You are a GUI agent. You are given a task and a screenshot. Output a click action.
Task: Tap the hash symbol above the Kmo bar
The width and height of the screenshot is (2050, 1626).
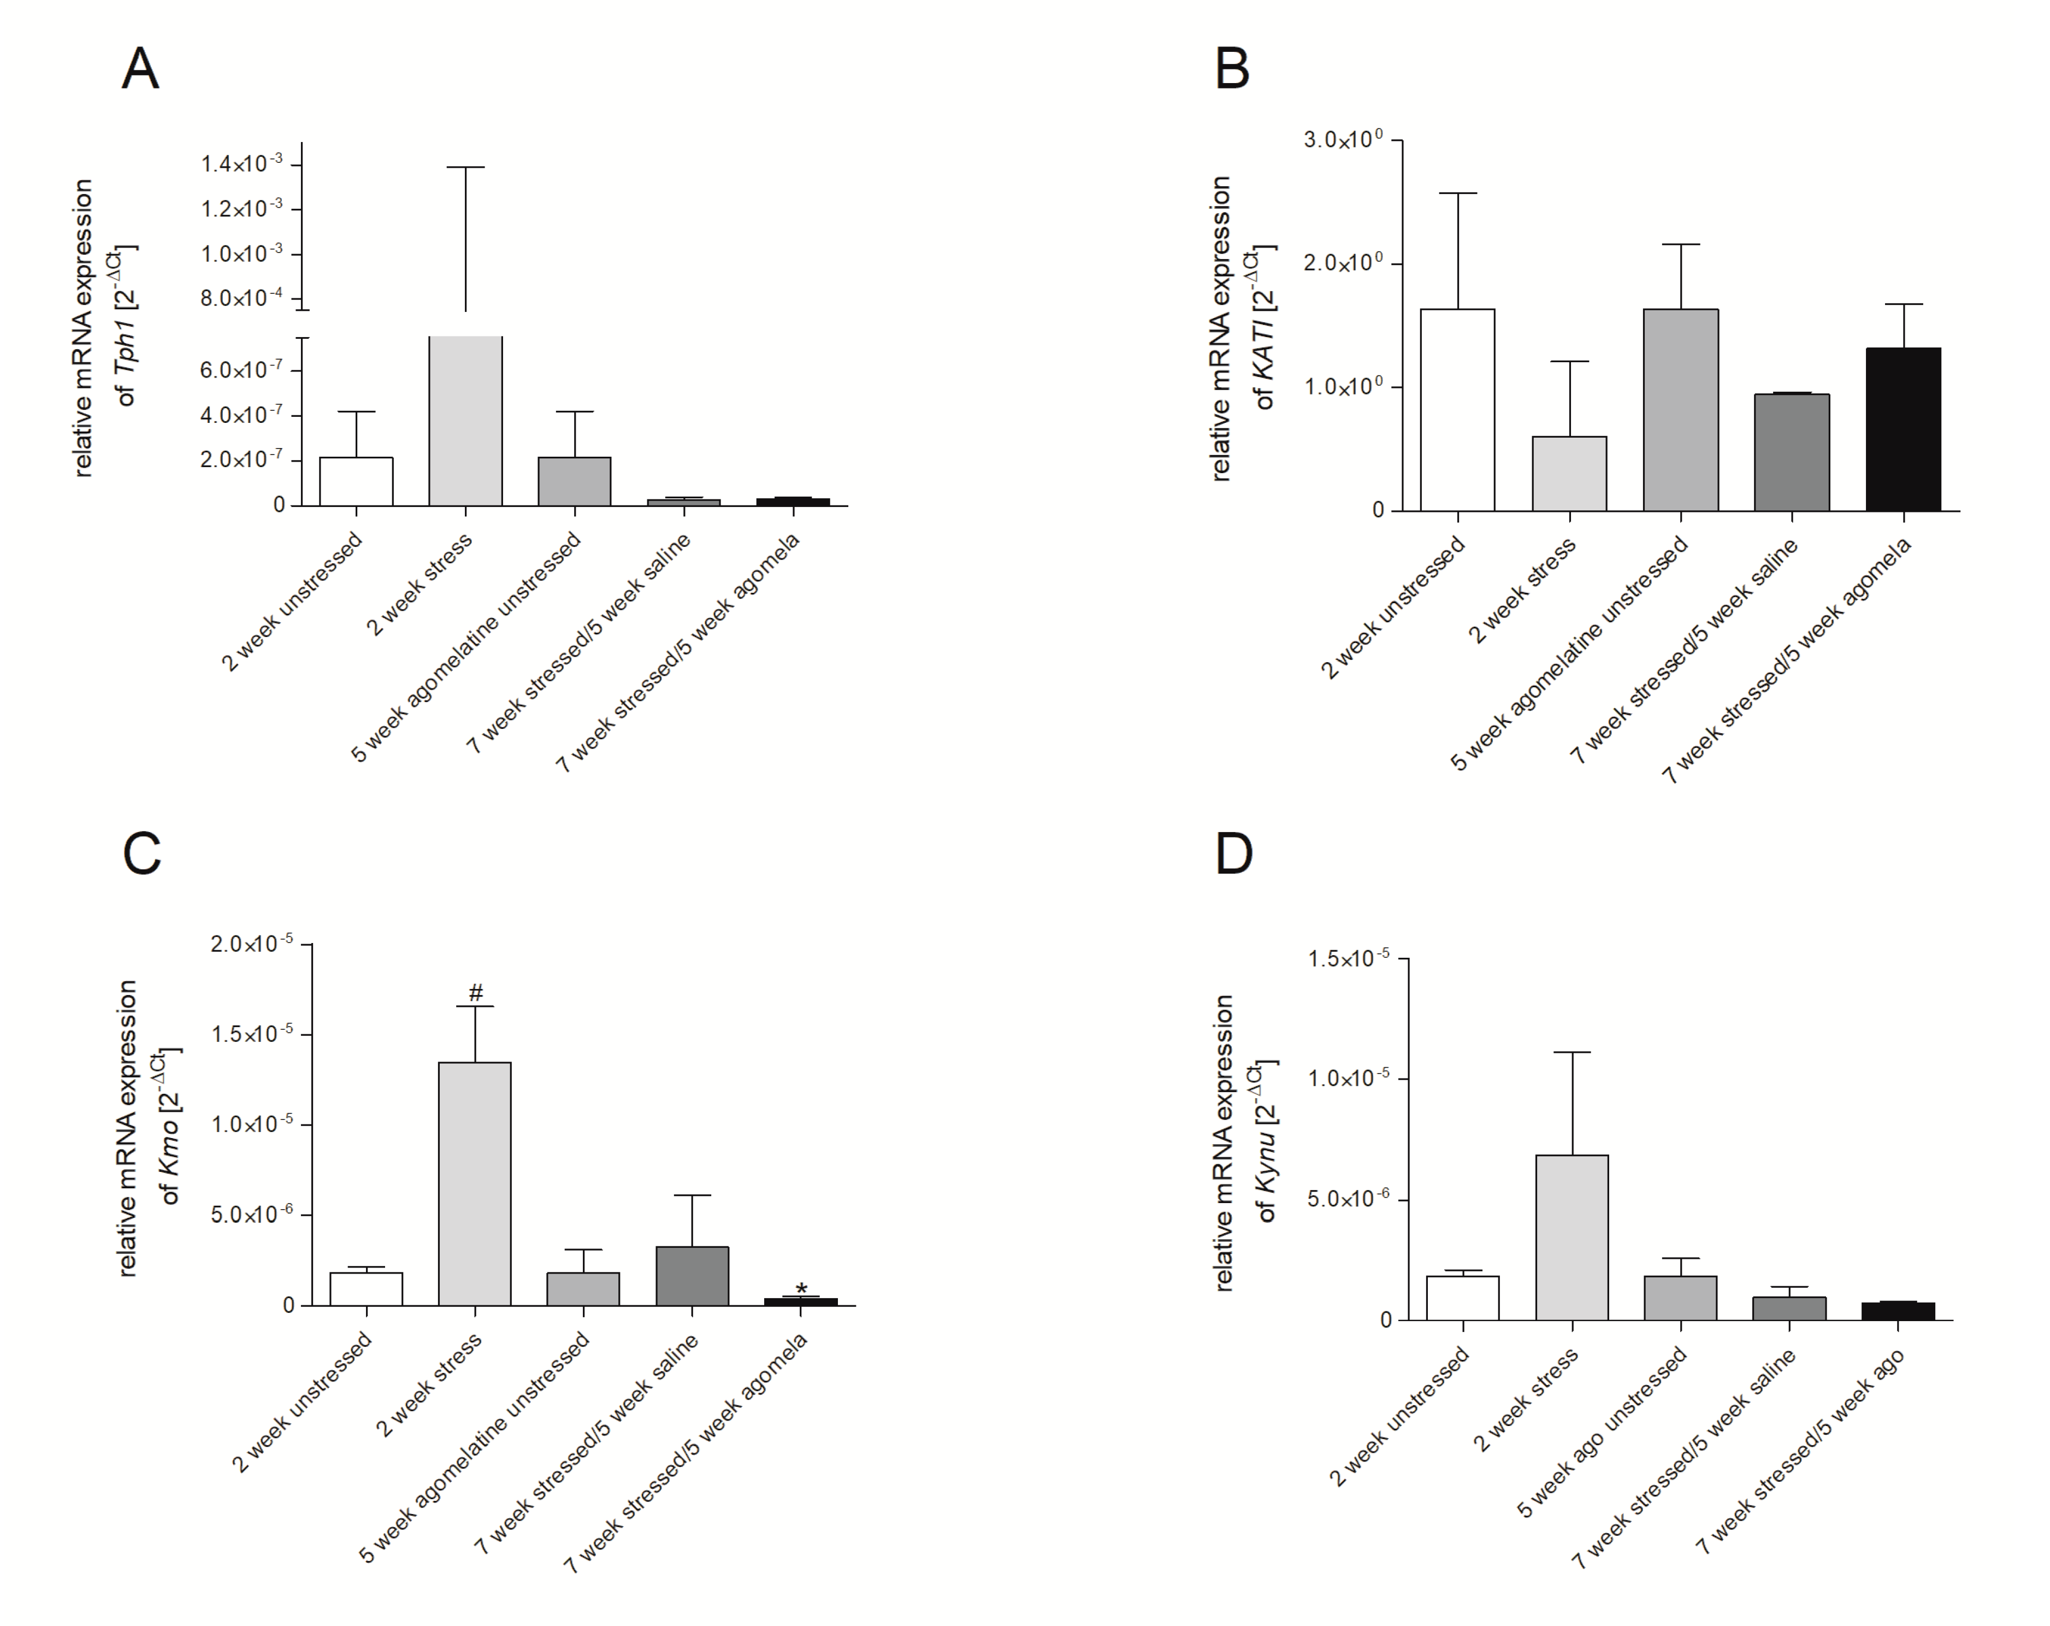[x=475, y=993]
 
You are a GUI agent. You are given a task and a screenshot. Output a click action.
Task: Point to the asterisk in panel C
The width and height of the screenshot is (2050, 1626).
[x=801, y=1289]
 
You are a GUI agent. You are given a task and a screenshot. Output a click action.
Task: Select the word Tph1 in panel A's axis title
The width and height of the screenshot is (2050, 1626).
[x=125, y=347]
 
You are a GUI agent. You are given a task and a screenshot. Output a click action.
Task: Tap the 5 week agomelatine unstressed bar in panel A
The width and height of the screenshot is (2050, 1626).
[x=574, y=481]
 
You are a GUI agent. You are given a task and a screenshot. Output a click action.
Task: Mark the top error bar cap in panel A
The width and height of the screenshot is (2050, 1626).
[x=466, y=167]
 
